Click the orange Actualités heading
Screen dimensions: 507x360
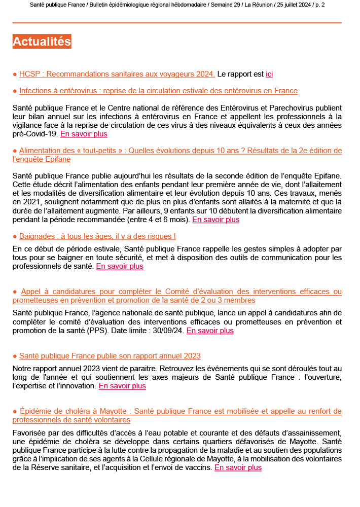point(42,42)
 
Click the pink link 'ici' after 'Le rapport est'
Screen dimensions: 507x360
point(269,74)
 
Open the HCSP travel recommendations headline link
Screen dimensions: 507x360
point(117,74)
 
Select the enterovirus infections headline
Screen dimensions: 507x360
point(158,91)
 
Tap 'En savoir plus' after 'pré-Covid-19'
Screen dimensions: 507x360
point(84,134)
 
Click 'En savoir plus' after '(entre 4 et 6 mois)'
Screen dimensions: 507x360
point(215,220)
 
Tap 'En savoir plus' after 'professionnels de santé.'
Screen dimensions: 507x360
point(120,266)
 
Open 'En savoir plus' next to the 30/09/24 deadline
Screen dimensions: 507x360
point(210,331)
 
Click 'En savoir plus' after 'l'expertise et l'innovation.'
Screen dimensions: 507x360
point(122,386)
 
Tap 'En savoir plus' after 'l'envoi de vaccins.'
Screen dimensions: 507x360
point(238,467)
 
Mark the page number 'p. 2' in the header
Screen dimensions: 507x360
point(333,5)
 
